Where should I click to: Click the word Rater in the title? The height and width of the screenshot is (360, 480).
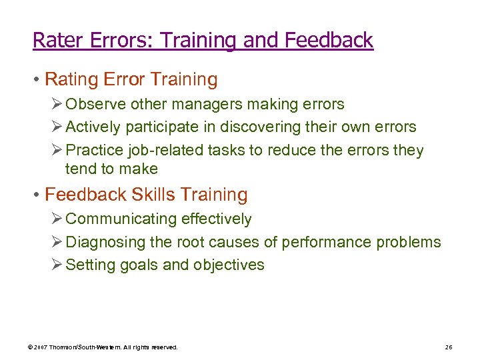[59, 41]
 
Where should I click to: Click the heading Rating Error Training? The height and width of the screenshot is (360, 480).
[131, 80]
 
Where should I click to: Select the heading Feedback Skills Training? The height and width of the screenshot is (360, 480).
[146, 195]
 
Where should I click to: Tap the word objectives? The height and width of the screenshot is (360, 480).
[229, 265]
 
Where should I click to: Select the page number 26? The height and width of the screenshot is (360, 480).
[448, 347]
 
